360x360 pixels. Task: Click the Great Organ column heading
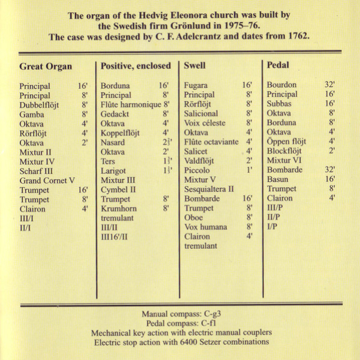(x=46, y=67)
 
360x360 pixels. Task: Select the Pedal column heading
(x=279, y=65)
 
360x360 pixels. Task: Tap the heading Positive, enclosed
(x=136, y=66)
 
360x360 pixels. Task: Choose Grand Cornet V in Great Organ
(x=47, y=181)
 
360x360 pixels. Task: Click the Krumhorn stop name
(x=119, y=208)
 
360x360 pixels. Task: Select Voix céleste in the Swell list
(x=205, y=123)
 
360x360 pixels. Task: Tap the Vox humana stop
(x=205, y=227)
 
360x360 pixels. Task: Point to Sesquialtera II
(x=209, y=189)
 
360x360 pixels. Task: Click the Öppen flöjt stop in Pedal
(x=286, y=142)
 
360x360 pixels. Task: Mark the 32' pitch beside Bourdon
(x=329, y=85)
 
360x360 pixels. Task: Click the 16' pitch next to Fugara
(x=247, y=86)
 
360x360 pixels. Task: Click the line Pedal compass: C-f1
(x=179, y=323)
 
